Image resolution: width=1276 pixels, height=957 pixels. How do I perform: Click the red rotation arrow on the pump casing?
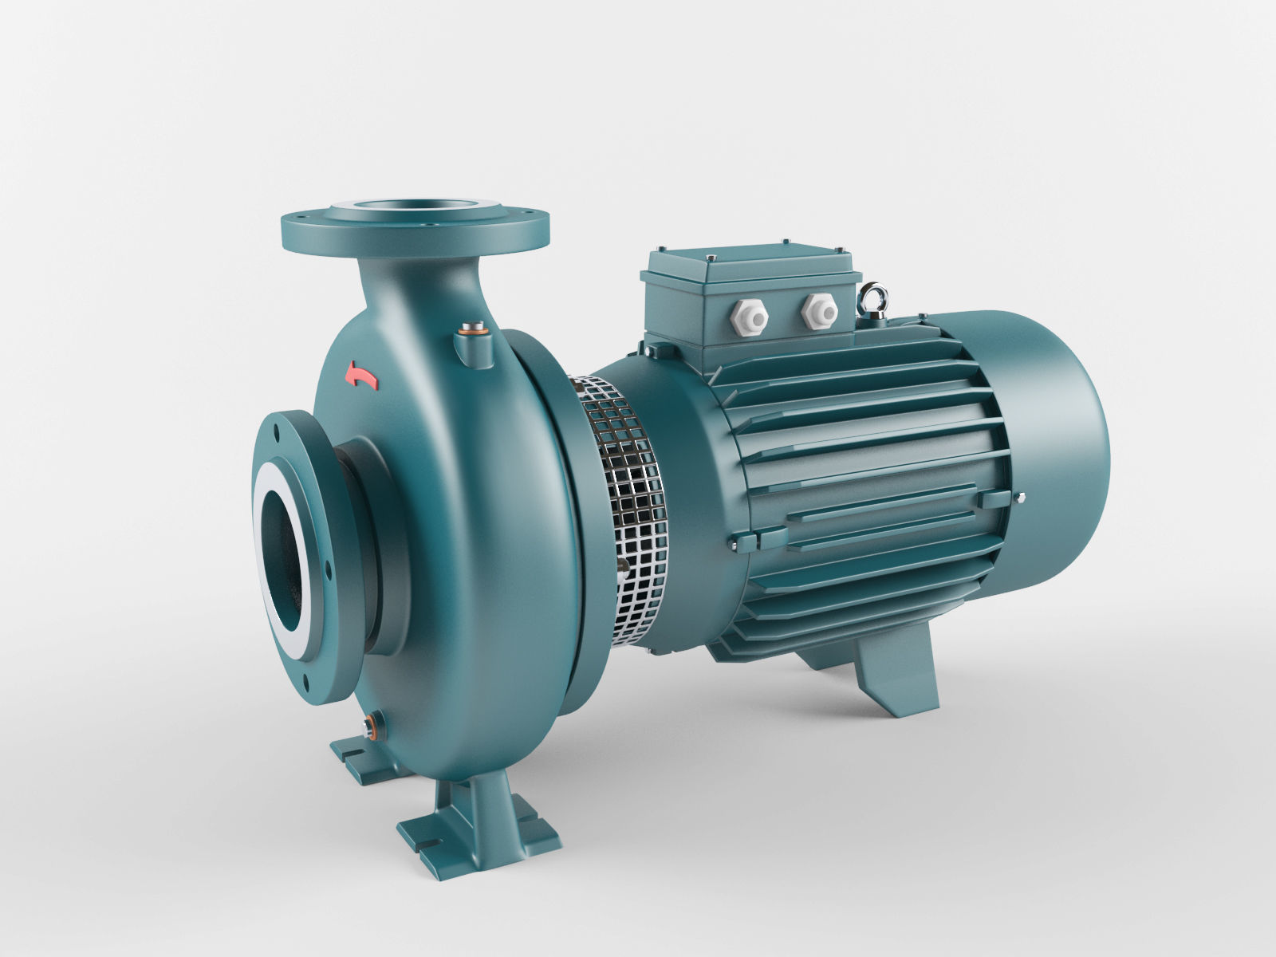click(x=360, y=376)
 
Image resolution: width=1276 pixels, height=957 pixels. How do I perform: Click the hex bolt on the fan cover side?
click(x=1020, y=500)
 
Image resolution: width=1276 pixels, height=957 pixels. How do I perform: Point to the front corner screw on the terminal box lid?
click(x=707, y=258)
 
